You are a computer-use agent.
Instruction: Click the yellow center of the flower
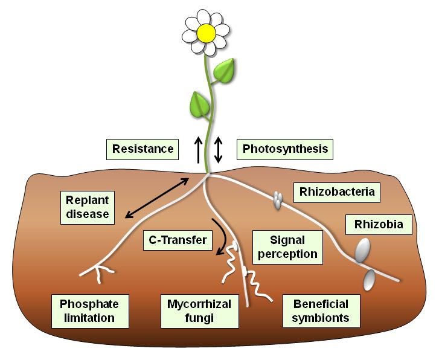pyautogui.click(x=207, y=33)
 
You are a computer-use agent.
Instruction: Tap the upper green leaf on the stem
pyautogui.click(x=226, y=71)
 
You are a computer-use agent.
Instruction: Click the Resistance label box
pyautogui.click(x=142, y=149)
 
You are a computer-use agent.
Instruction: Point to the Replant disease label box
pyautogui.click(x=88, y=206)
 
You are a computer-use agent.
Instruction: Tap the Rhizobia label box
pyautogui.click(x=379, y=225)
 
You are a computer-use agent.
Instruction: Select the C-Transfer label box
pyautogui.click(x=178, y=240)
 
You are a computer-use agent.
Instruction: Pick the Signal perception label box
pyautogui.click(x=287, y=246)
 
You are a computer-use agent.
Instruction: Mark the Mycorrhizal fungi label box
pyautogui.click(x=199, y=310)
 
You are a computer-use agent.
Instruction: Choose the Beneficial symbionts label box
pyautogui.click(x=321, y=310)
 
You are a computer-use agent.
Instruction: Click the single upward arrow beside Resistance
pyautogui.click(x=199, y=149)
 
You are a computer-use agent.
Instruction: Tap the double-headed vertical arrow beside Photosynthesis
pyautogui.click(x=219, y=149)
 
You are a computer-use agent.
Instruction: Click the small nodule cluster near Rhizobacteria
pyautogui.click(x=277, y=200)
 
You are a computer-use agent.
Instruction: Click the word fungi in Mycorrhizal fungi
pyautogui.click(x=199, y=318)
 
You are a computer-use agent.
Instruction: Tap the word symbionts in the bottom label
pyautogui.click(x=321, y=318)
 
